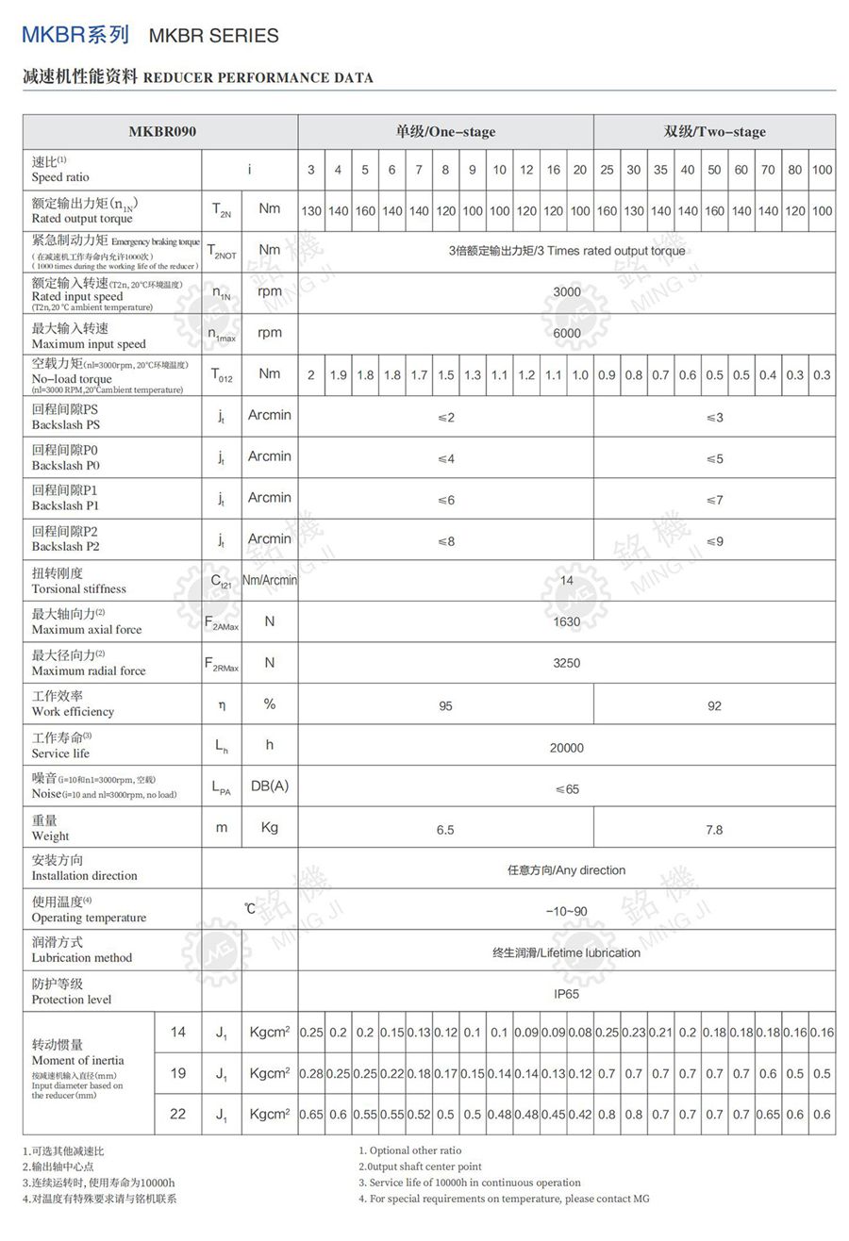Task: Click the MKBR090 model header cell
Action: (x=162, y=131)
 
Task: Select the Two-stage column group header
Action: (x=714, y=131)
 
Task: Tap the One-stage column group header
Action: (x=445, y=131)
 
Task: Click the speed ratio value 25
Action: (x=607, y=170)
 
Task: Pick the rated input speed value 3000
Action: (x=567, y=292)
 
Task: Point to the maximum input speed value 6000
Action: (x=567, y=333)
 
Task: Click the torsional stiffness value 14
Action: (x=567, y=581)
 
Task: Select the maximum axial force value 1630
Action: (x=567, y=621)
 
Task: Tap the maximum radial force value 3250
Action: (x=567, y=663)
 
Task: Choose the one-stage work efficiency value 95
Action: (x=445, y=705)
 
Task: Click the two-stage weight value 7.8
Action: (x=714, y=830)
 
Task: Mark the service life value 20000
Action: (x=567, y=748)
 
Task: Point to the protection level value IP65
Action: (x=567, y=994)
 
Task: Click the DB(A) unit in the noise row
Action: (x=270, y=786)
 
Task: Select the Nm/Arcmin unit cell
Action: (x=270, y=580)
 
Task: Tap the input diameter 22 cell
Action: (x=178, y=1114)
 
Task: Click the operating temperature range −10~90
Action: (x=567, y=911)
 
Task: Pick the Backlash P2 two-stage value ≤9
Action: (x=714, y=541)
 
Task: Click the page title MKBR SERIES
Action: (x=214, y=36)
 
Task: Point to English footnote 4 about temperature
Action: (x=504, y=1199)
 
